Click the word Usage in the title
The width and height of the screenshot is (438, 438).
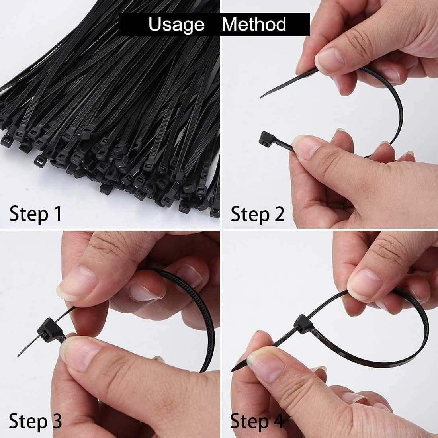pos(176,24)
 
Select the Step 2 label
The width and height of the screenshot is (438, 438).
pos(258,214)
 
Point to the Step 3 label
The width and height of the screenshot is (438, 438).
pos(35,421)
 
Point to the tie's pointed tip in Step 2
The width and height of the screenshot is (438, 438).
pos(262,96)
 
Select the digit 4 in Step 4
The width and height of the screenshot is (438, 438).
pos(279,421)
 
